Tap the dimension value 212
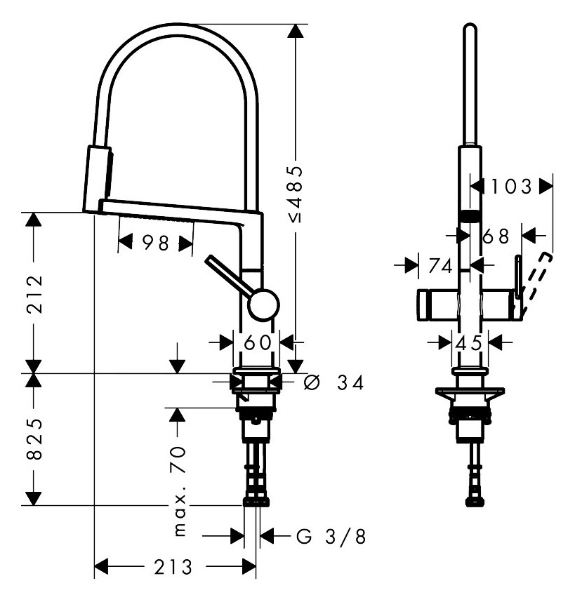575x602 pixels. coord(34,294)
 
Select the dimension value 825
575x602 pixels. coord(34,439)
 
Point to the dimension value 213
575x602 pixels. coord(173,567)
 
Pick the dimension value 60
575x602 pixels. coord(258,342)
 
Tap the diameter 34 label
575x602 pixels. coord(333,383)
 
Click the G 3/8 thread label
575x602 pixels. coord(331,536)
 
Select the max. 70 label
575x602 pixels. coord(180,491)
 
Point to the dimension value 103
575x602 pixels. coord(512,187)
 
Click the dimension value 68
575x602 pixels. coord(496,236)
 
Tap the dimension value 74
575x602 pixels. coord(441,266)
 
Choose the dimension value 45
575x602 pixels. coord(468,343)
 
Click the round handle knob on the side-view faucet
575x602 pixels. coord(263,305)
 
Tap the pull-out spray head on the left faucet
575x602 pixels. coord(98,179)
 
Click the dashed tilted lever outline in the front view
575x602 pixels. coord(537,276)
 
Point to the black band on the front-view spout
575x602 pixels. coord(470,217)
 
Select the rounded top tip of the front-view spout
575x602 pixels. coord(470,25)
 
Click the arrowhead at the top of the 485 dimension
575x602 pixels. coord(296,31)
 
